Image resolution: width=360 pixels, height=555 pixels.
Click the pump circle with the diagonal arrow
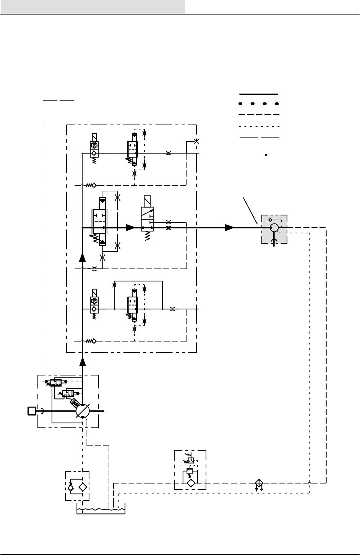(83, 411)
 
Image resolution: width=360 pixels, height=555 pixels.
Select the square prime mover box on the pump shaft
(32, 411)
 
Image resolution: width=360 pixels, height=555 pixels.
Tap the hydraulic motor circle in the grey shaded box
(274, 228)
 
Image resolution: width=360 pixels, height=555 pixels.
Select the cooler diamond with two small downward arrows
(259, 483)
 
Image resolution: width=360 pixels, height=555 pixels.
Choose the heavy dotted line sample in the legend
(259, 104)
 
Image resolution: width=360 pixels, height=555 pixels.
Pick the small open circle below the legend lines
(266, 155)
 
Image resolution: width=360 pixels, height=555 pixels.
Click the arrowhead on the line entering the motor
(230, 228)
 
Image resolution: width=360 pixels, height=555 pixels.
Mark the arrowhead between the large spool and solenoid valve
(131, 228)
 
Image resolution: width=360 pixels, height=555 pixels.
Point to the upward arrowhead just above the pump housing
(83, 362)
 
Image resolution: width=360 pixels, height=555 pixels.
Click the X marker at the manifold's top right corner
(196, 141)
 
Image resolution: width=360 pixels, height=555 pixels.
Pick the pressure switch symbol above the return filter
(191, 460)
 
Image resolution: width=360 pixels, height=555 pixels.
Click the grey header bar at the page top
(92, 6)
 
